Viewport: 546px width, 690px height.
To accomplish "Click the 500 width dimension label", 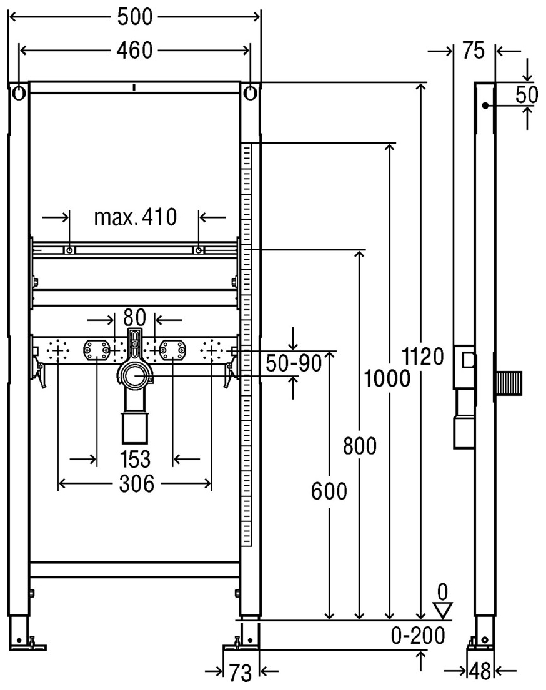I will pos(135,17).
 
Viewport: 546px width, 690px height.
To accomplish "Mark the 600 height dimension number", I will pos(329,492).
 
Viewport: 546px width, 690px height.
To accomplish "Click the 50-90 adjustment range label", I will pos(294,363).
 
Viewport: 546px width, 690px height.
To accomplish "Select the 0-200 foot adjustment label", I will pos(418,636).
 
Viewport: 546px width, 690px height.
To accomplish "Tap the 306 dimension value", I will pos(135,483).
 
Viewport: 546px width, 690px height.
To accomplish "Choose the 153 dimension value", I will pos(135,459).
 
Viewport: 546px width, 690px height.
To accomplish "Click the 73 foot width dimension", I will pos(240,672).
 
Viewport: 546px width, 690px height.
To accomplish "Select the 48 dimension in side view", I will pos(480,672).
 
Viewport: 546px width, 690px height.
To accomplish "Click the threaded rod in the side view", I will pos(509,383).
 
